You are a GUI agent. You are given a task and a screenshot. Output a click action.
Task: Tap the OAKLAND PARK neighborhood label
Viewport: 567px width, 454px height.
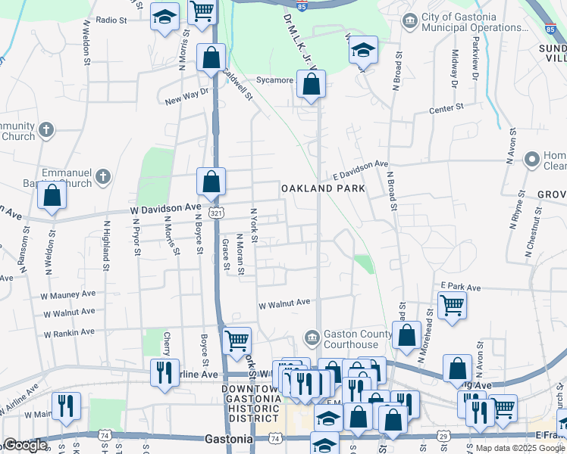click(323, 188)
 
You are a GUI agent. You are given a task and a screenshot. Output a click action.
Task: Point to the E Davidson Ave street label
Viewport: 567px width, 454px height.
click(360, 163)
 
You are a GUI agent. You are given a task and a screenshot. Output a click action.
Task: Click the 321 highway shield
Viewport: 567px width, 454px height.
click(217, 214)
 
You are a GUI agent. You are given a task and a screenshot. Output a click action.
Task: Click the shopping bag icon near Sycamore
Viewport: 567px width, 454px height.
click(311, 85)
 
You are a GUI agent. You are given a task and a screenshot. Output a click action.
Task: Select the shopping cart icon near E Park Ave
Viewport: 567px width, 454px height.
click(452, 306)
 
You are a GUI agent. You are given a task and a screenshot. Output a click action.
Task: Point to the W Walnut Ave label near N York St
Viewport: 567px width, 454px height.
click(284, 303)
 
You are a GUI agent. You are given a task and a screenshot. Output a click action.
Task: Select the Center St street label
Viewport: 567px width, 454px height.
click(446, 109)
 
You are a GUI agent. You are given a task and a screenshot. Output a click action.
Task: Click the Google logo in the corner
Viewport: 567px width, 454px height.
click(24, 444)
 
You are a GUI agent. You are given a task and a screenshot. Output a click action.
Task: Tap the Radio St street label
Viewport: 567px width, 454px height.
click(111, 20)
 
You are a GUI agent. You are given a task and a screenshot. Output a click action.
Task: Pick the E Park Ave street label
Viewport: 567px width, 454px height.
click(461, 288)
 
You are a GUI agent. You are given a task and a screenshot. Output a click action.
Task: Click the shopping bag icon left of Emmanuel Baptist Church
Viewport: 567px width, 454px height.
click(52, 195)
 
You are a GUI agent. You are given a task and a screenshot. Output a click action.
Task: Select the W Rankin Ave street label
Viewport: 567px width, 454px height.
click(69, 332)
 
